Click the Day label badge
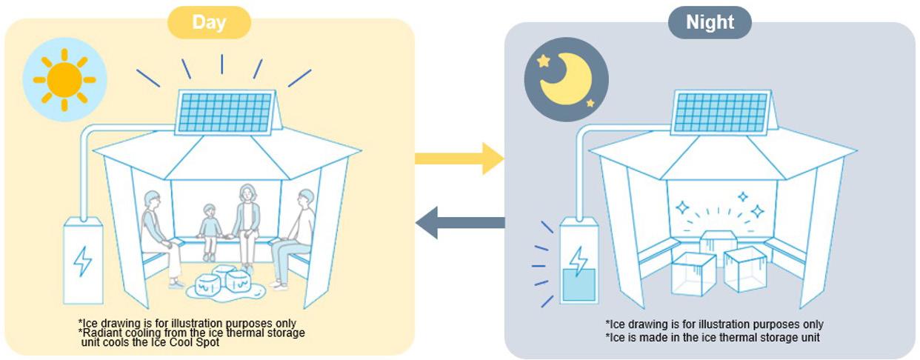(x=209, y=22)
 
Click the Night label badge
(x=710, y=22)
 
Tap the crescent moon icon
(x=566, y=79)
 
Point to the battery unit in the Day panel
(x=82, y=259)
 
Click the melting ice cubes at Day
(x=224, y=284)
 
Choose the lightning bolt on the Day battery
(x=82, y=261)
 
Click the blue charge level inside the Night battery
(x=579, y=284)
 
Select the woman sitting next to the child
(x=246, y=222)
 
